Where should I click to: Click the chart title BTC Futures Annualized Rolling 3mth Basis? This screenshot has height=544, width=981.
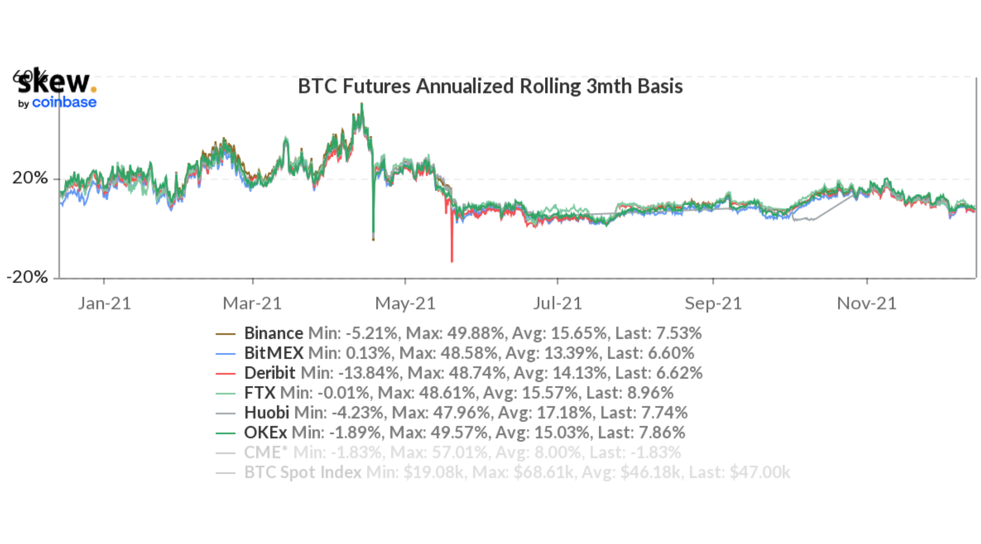point(490,86)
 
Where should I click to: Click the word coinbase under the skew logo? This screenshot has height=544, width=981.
point(64,102)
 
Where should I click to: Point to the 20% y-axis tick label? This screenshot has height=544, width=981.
point(30,178)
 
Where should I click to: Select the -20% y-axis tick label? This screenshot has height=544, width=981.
point(27,277)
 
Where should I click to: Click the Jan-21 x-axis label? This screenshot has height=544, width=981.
point(104,303)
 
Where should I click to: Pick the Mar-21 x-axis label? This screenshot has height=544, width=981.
point(252,303)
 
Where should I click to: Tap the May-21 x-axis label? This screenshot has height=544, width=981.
point(405,303)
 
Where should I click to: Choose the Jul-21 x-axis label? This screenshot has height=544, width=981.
point(557,303)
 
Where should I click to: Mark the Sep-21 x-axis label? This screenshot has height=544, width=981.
point(713,303)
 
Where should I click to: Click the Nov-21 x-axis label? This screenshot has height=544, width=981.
point(866,303)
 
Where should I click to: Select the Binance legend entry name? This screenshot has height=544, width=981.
point(274,333)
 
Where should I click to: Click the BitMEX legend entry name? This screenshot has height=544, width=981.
point(274,353)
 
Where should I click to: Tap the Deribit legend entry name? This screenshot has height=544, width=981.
point(270,373)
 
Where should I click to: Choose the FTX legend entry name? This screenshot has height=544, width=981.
point(260,393)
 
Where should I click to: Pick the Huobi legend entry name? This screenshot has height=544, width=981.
point(267,413)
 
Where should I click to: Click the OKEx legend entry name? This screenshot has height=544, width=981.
point(265,432)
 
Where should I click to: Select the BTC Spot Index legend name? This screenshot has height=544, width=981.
point(303,472)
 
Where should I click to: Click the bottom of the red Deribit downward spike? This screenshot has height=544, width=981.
point(452,261)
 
